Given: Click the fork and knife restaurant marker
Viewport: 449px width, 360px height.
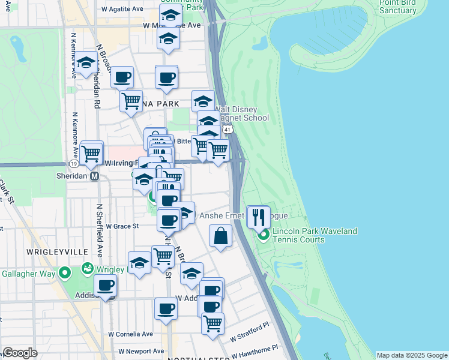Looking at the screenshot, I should tap(259, 217).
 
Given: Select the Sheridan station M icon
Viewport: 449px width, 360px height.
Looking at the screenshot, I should tap(94, 176).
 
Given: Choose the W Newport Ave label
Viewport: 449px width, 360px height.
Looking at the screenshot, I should tap(141, 351).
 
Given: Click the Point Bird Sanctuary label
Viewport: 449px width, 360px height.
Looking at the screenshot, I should tap(397, 7).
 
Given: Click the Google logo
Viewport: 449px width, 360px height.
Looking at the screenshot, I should tap(20, 352).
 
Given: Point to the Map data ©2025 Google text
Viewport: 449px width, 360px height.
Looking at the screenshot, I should tap(411, 355).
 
